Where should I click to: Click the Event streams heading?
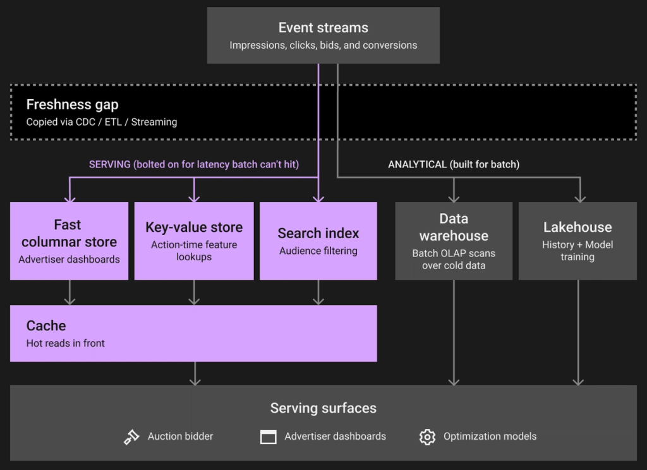pos(323,28)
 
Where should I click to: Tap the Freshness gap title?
pos(72,105)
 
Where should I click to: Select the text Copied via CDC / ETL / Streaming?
pos(102,122)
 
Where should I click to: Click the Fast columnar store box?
pos(70,241)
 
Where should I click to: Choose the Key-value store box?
pos(194,241)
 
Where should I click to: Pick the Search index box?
pos(318,241)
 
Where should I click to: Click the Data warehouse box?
pos(454,241)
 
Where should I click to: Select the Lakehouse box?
pos(577,241)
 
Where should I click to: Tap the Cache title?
pos(45,325)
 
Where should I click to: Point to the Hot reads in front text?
pos(65,343)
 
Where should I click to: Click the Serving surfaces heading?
pos(323,408)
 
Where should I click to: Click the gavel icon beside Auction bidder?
pos(131,437)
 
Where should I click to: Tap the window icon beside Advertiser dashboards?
pos(268,437)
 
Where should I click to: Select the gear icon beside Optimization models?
pos(427,437)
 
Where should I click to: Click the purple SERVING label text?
pos(194,164)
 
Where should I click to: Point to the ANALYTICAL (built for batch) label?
pos(454,164)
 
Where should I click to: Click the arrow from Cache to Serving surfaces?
pos(195,374)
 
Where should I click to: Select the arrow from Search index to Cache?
pos(318,292)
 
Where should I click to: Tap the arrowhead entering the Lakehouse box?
pos(580,199)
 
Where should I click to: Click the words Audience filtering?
pos(318,251)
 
